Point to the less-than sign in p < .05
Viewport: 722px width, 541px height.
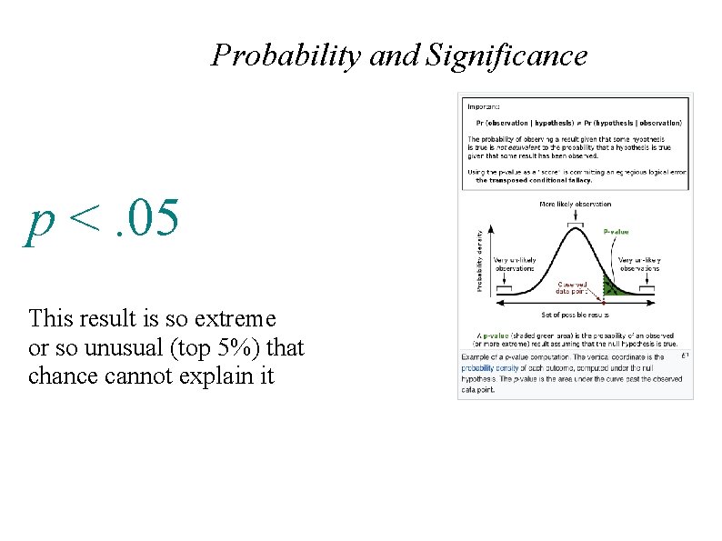[x=83, y=219]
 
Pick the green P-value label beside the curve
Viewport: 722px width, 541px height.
[x=616, y=232]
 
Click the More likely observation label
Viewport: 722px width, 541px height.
[x=575, y=205]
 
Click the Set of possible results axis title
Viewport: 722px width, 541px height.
[x=575, y=315]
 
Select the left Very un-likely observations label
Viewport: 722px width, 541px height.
[x=515, y=264]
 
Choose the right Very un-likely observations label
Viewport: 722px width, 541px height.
[x=638, y=264]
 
